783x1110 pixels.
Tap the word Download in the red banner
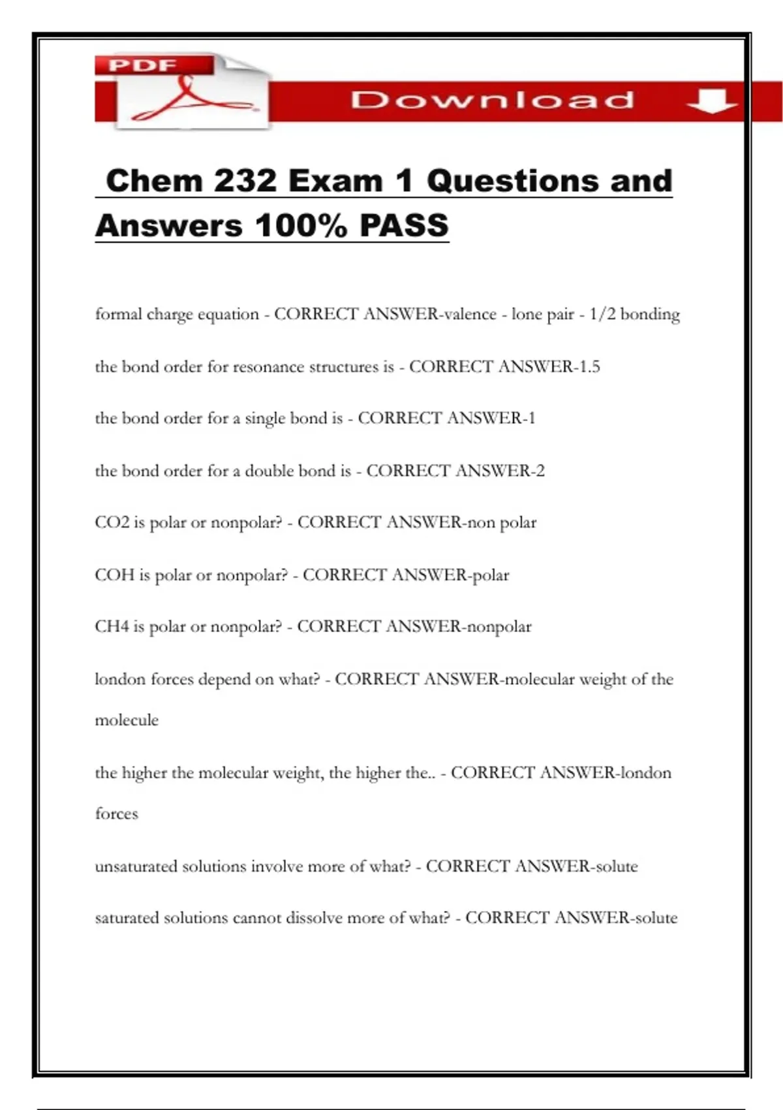[x=492, y=100]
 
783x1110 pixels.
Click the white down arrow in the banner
[x=711, y=101]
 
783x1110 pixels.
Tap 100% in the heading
[x=301, y=226]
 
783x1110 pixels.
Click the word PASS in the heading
[x=404, y=226]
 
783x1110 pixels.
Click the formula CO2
[x=112, y=522]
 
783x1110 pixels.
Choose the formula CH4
[x=112, y=626]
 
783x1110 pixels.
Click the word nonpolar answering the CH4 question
[x=497, y=627]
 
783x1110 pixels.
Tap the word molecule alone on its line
[x=127, y=720]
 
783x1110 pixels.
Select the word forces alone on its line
[x=117, y=814]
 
